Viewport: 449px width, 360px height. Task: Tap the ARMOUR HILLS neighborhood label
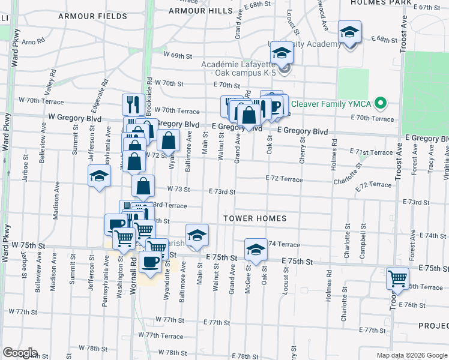click(x=200, y=11)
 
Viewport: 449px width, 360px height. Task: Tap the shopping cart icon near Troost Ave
click(x=397, y=278)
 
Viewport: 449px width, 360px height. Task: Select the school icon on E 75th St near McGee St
click(x=256, y=250)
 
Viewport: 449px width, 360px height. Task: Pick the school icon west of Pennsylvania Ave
click(x=99, y=176)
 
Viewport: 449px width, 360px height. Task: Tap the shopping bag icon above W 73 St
click(x=143, y=186)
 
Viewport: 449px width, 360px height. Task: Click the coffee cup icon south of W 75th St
click(x=150, y=262)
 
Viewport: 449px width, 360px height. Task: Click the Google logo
click(x=19, y=353)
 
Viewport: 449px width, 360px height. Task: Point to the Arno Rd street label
click(x=33, y=43)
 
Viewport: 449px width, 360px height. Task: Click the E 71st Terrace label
click(x=371, y=153)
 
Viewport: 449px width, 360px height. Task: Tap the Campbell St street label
click(x=363, y=242)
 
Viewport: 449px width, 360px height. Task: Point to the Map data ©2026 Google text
click(x=411, y=355)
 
